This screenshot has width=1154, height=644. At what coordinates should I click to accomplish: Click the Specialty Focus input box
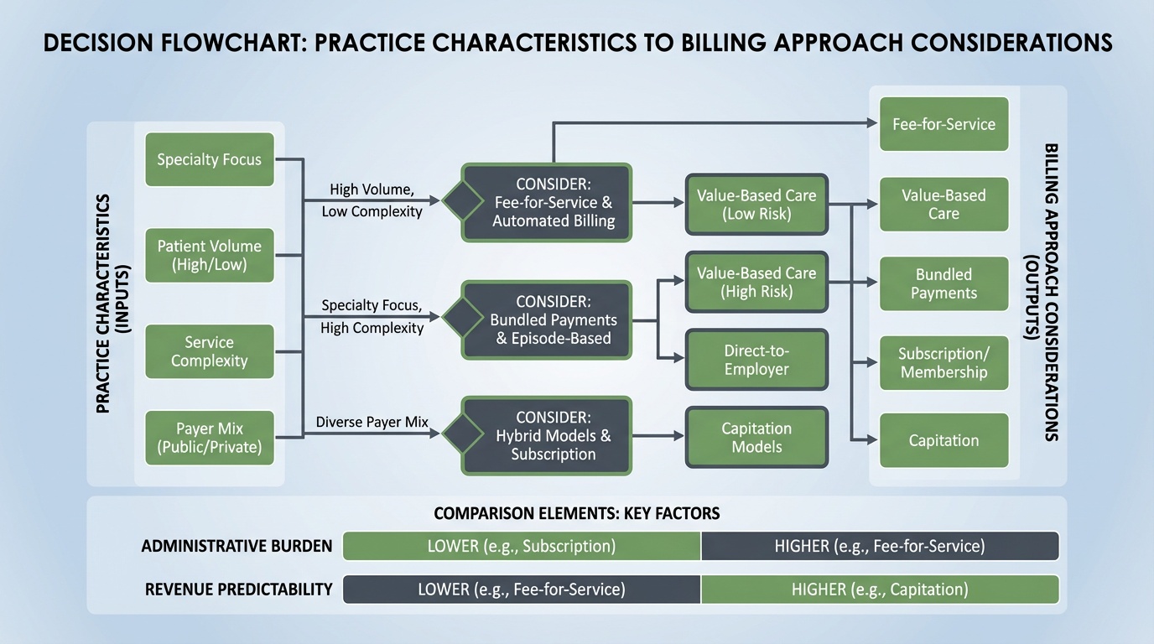210,159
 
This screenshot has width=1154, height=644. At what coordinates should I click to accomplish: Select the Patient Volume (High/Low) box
210,255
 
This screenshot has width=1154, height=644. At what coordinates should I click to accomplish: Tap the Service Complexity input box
210,351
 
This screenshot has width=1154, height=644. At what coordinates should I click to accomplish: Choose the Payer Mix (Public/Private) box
210,437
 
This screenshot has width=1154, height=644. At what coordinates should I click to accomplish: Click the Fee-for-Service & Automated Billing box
554,203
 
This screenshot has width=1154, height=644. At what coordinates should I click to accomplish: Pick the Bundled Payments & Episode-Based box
554,320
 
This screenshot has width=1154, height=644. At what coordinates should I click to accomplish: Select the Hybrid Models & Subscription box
554,436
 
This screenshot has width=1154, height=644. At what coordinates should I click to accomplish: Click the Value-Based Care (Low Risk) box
756,204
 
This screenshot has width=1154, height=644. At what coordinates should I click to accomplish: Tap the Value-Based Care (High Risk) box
756,282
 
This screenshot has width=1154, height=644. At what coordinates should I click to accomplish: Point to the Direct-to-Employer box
756,360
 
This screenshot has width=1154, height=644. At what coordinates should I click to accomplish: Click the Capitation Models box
756,437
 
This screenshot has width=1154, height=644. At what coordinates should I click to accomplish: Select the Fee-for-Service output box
943,124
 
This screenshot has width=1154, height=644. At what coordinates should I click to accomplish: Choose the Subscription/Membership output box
943,363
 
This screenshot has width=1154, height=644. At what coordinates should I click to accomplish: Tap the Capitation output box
943,440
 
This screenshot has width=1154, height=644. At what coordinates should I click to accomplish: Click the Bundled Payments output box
943,284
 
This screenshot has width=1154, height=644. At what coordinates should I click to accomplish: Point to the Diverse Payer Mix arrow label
372,422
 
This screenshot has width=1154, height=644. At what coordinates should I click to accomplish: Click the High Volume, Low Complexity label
372,200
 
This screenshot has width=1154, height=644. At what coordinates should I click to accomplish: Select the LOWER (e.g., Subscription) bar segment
522,546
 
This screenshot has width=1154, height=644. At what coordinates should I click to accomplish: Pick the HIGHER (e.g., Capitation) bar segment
879,589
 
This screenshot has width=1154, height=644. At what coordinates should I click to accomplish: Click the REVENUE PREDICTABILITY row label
239,589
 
